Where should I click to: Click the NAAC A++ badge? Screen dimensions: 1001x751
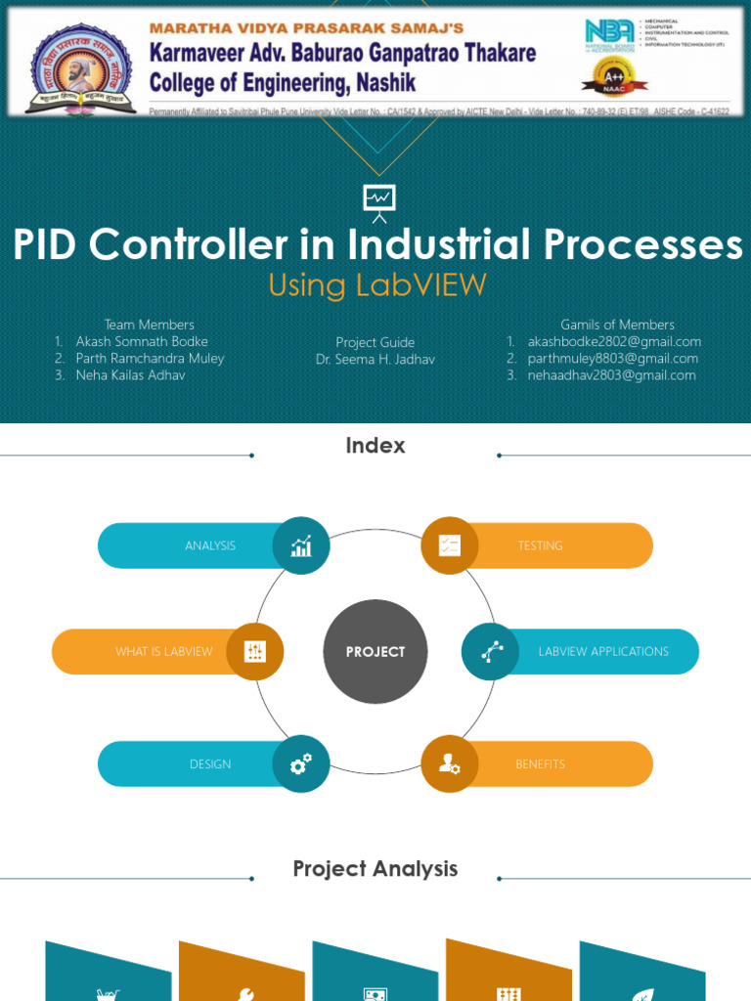click(x=608, y=77)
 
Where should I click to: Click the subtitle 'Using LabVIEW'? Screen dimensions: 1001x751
click(x=376, y=284)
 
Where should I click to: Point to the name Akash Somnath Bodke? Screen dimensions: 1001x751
click(x=142, y=341)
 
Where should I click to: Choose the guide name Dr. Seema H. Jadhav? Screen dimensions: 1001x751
click(x=375, y=359)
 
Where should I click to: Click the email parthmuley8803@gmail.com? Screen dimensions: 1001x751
click(x=613, y=358)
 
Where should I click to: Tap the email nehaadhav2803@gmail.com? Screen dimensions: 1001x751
click(x=611, y=374)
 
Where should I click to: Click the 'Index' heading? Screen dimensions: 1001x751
click(x=375, y=446)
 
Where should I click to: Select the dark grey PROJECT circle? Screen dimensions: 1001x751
click(x=375, y=652)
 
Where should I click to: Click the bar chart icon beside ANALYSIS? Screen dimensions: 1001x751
click(x=301, y=545)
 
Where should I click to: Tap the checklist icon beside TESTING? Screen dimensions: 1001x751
click(x=450, y=545)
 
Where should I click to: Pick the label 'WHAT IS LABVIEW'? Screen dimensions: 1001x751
click(x=163, y=652)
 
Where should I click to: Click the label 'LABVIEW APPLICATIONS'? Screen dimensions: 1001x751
click(x=603, y=652)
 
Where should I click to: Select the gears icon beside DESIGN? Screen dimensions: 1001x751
click(x=301, y=763)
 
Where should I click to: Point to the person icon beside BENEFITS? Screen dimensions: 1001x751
click(x=450, y=763)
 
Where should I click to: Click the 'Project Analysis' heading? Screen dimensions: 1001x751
click(x=375, y=868)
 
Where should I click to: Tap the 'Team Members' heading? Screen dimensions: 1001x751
click(x=150, y=325)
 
